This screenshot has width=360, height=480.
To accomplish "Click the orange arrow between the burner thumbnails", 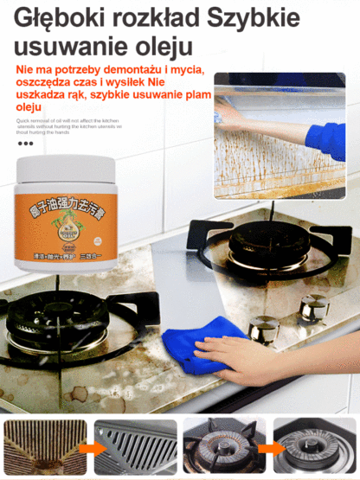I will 267,449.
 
